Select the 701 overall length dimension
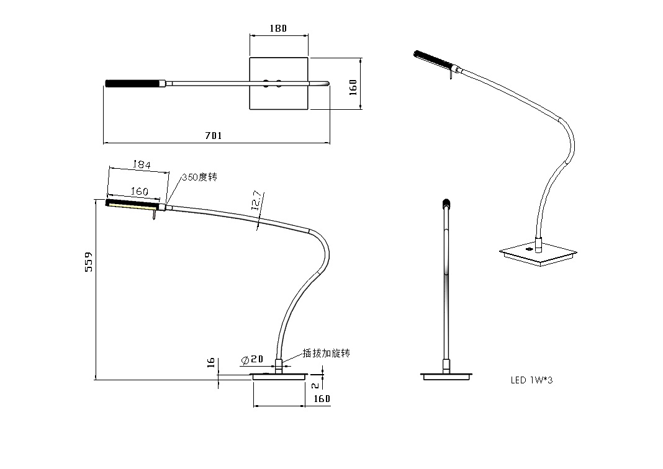(x=213, y=135)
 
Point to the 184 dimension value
(x=142, y=164)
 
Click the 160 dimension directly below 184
(x=139, y=192)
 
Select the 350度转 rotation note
(x=199, y=177)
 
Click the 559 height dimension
(x=89, y=262)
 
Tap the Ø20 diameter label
(x=251, y=360)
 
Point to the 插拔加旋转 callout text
(x=327, y=353)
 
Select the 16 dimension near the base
(x=211, y=362)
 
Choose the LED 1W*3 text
(x=531, y=380)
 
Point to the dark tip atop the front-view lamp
(x=445, y=202)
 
